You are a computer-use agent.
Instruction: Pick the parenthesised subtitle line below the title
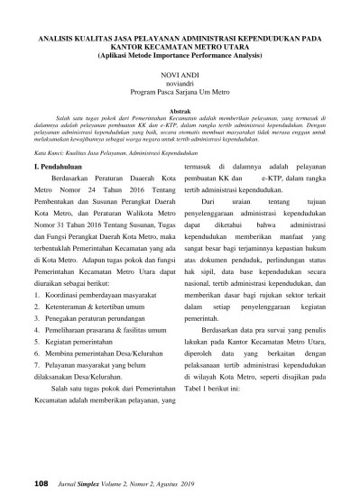pyautogui.click(x=180, y=56)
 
